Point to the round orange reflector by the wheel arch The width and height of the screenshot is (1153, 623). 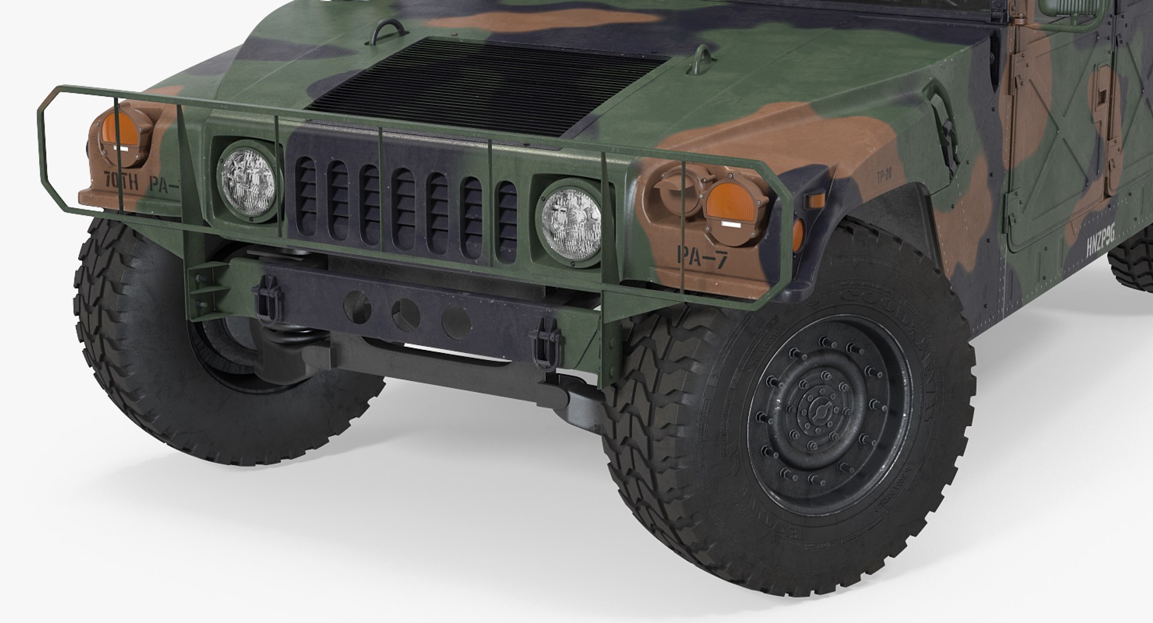tap(798, 232)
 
